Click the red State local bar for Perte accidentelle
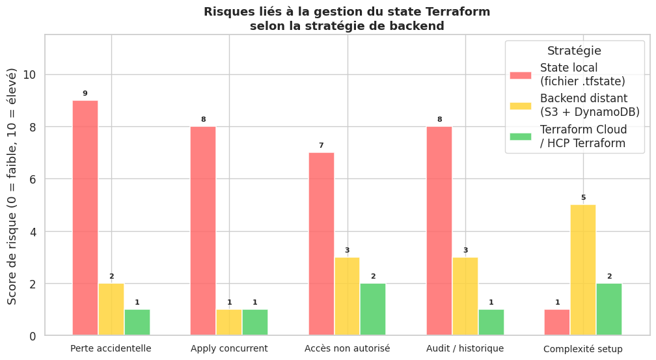coord(85,218)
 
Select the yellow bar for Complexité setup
coord(583,270)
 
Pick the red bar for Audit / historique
coord(439,231)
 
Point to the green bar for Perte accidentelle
coord(137,322)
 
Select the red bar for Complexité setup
coord(557,322)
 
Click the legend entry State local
coord(569,74)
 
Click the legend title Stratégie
coord(574,51)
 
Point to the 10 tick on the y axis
coord(30,75)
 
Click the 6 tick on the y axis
coord(33,179)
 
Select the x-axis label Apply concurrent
coord(229,348)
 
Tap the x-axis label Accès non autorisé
coord(348,348)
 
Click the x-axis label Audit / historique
coord(465,348)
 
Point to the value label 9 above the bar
coord(85,94)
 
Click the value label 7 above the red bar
coord(321,145)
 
